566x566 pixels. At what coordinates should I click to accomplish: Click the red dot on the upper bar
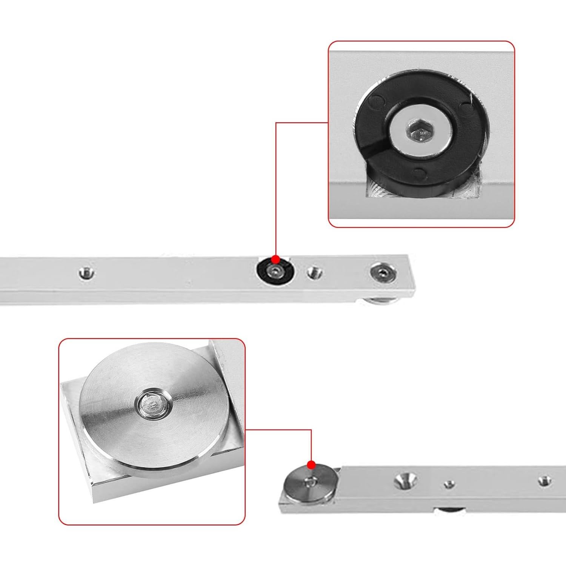276,260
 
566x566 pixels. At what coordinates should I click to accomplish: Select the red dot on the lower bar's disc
311,464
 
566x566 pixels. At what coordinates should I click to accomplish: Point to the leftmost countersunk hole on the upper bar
86,272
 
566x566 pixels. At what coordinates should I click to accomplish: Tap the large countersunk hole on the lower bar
405,480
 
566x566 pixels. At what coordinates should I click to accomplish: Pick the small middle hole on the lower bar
449,484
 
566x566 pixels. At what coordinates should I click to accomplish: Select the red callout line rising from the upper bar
276,189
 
